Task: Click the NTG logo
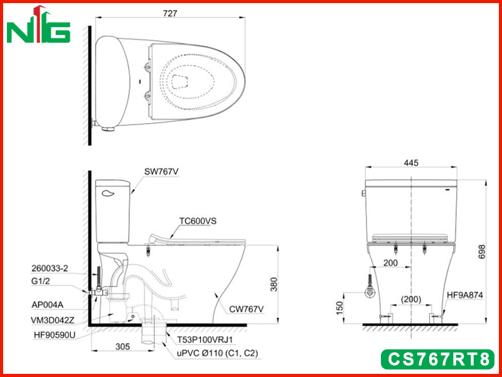pyautogui.click(x=38, y=25)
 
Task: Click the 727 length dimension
pyautogui.click(x=169, y=13)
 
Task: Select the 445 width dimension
pyautogui.click(x=411, y=163)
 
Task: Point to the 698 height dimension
pyautogui.click(x=482, y=252)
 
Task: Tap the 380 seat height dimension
pyautogui.click(x=274, y=284)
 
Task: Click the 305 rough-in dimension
pyautogui.click(x=122, y=346)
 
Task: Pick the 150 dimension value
pyautogui.click(x=340, y=308)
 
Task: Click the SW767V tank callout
pyautogui.click(x=161, y=172)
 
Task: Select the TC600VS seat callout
pyautogui.click(x=198, y=221)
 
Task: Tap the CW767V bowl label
pyautogui.click(x=246, y=309)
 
